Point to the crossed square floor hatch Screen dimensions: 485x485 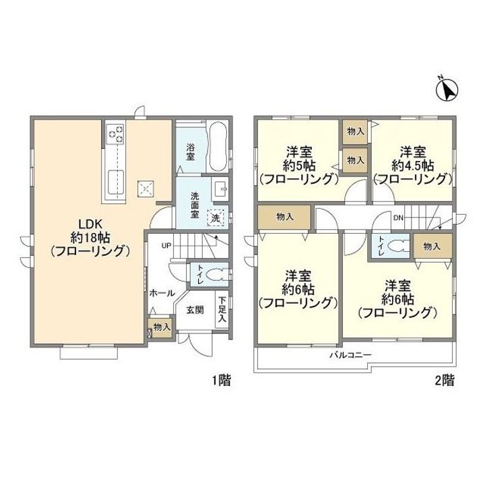[x=145, y=189]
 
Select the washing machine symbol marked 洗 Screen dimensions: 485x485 [x=216, y=218]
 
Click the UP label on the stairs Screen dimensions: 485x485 [x=164, y=245]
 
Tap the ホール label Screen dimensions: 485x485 [x=162, y=293]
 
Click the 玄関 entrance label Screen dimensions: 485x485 [x=195, y=309]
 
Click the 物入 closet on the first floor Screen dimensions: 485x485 [x=162, y=327]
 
